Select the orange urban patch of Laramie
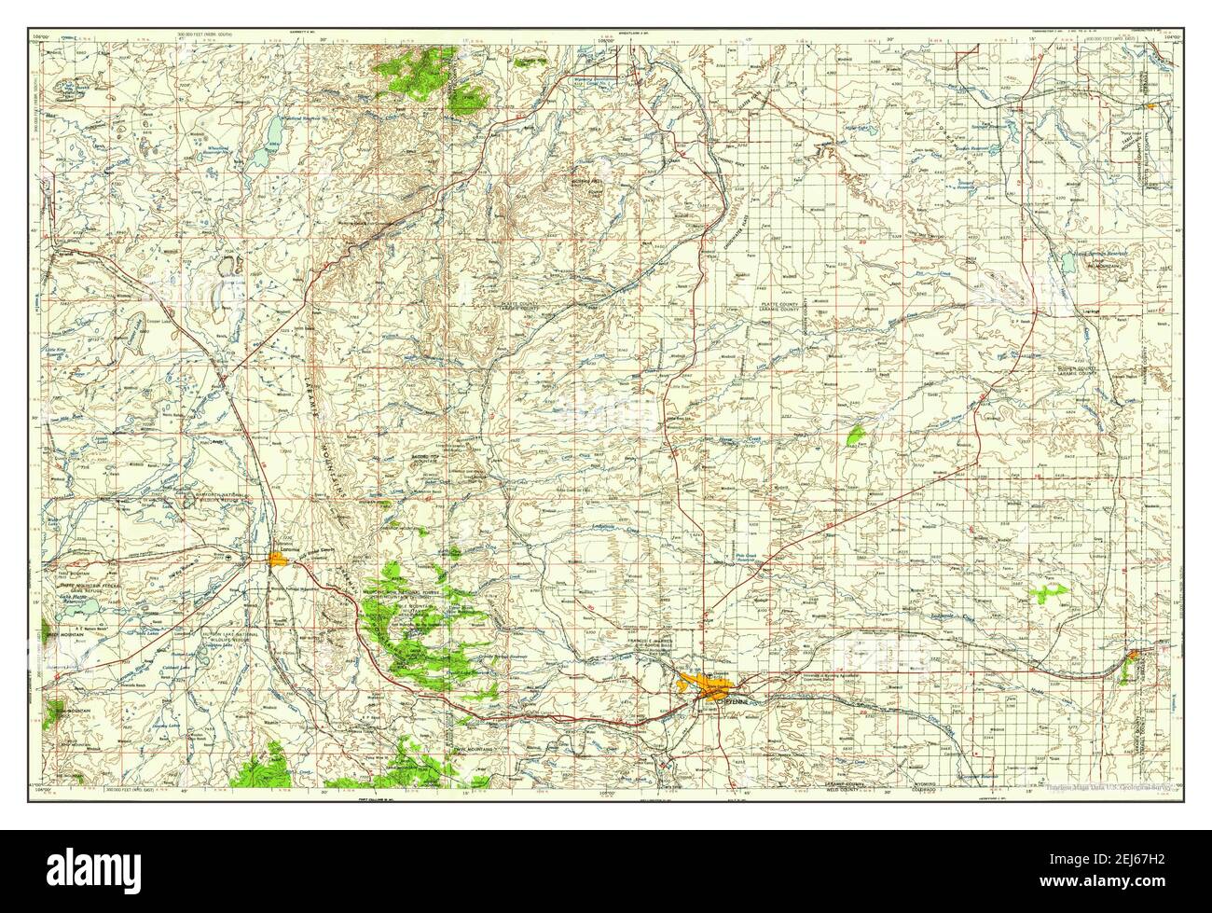pos(279,559)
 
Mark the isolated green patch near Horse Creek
pos(856,434)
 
